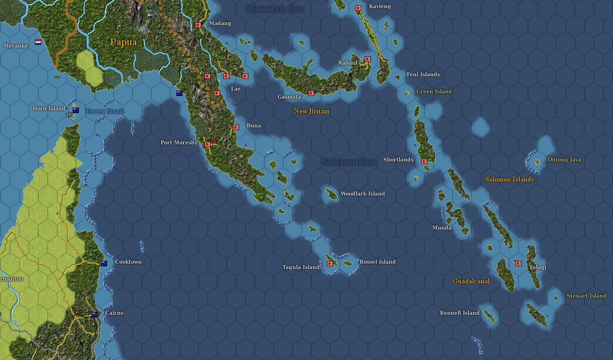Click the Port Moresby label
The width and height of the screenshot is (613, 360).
click(x=179, y=143)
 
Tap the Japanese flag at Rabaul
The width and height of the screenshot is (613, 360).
click(x=368, y=59)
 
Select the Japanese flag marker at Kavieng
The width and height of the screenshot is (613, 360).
click(x=358, y=8)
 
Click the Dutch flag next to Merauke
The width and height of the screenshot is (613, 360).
click(x=38, y=42)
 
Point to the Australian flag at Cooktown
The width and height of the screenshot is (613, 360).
click(x=104, y=264)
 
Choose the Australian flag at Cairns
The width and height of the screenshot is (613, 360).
click(x=95, y=315)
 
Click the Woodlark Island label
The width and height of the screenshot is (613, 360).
click(x=362, y=194)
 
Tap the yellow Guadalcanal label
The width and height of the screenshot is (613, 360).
click(x=471, y=281)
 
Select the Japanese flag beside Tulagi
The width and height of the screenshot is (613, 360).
click(x=518, y=264)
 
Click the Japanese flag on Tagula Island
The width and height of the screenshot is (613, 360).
click(x=330, y=264)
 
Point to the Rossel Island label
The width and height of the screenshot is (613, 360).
click(x=378, y=262)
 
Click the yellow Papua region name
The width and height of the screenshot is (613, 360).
click(x=123, y=42)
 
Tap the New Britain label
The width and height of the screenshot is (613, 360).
click(x=311, y=111)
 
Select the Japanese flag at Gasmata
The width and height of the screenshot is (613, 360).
click(x=311, y=93)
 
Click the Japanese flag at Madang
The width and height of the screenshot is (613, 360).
click(x=198, y=25)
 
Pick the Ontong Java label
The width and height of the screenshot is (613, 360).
click(x=564, y=160)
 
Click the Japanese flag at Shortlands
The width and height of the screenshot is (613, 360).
click(x=424, y=161)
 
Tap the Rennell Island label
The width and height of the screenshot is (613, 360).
click(x=460, y=313)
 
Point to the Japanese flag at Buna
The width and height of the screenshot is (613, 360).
click(x=236, y=127)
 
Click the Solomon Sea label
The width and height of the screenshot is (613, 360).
click(x=349, y=162)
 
